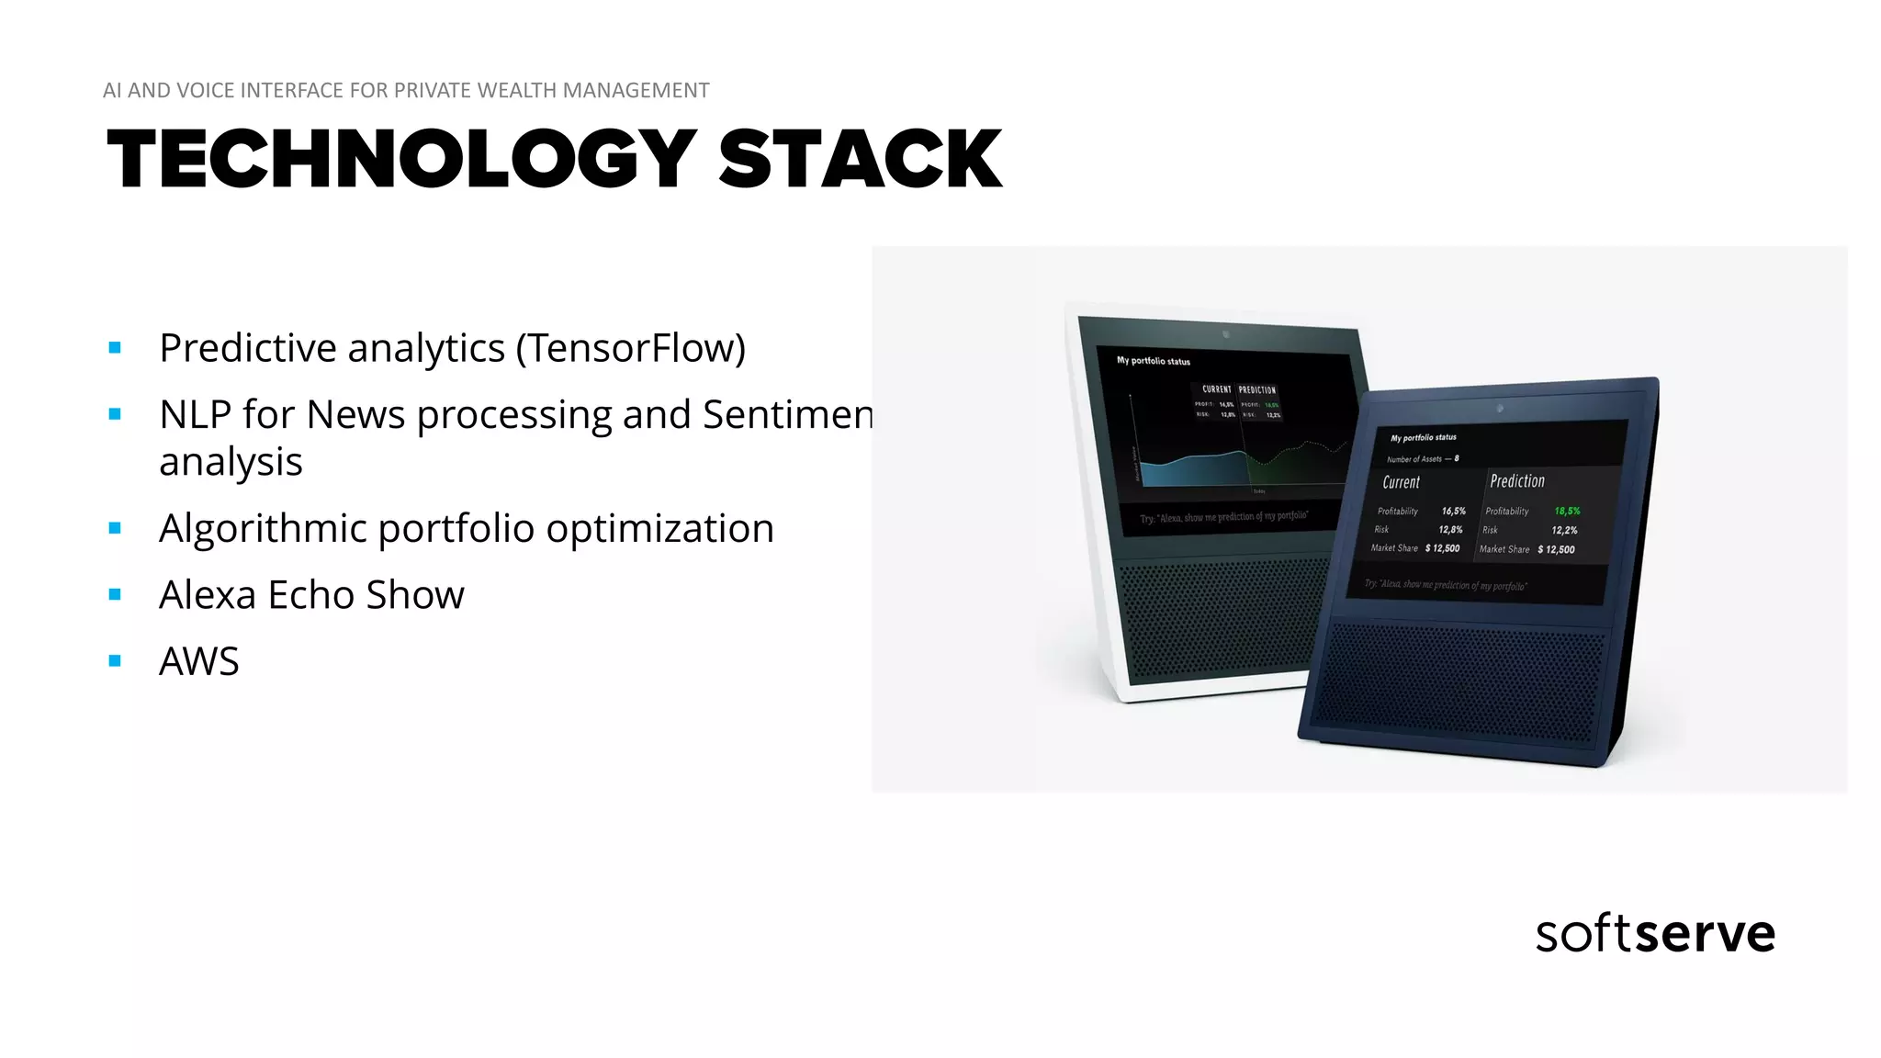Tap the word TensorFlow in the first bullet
point(630,348)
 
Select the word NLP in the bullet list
point(195,415)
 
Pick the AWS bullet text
point(199,661)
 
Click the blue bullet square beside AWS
point(115,661)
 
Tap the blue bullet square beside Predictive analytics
point(115,348)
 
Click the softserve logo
point(1655,934)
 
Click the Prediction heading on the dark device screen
point(1517,481)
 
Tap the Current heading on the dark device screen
point(1401,482)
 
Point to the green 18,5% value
point(1567,512)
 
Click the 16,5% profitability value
point(1453,511)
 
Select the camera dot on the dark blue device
point(1500,408)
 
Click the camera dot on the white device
point(1225,333)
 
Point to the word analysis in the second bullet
point(231,462)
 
